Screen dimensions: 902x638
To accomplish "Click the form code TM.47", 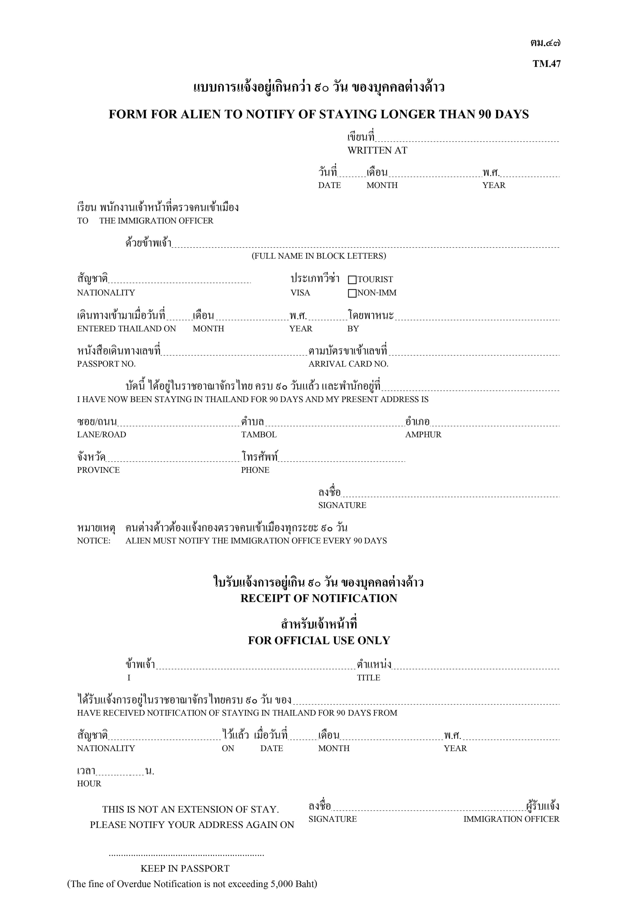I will coord(546,64).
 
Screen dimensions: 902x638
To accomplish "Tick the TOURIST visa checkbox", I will coord(352,280).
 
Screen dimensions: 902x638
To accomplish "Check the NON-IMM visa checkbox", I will coord(352,293).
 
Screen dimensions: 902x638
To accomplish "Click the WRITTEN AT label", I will coord(377,150).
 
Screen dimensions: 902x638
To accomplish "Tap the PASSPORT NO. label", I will coord(106,364).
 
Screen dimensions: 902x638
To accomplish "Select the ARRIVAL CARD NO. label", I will coord(348,364).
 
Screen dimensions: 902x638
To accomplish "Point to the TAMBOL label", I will coord(259,435).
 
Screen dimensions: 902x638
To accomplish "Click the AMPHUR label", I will coord(423,435).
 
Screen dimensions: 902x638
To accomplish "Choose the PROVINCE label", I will coord(98,470).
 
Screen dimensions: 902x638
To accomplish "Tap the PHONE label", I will coord(255,470).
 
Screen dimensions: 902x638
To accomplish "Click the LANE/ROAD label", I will coord(102,435).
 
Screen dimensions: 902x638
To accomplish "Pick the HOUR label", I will coord(89,783).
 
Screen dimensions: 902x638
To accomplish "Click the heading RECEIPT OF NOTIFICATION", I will coord(319,598).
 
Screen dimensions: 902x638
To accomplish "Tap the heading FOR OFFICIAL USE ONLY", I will coord(319,640).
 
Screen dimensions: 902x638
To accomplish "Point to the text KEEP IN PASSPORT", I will coord(185,868).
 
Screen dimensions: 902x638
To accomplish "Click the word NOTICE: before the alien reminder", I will coord(93,541).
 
